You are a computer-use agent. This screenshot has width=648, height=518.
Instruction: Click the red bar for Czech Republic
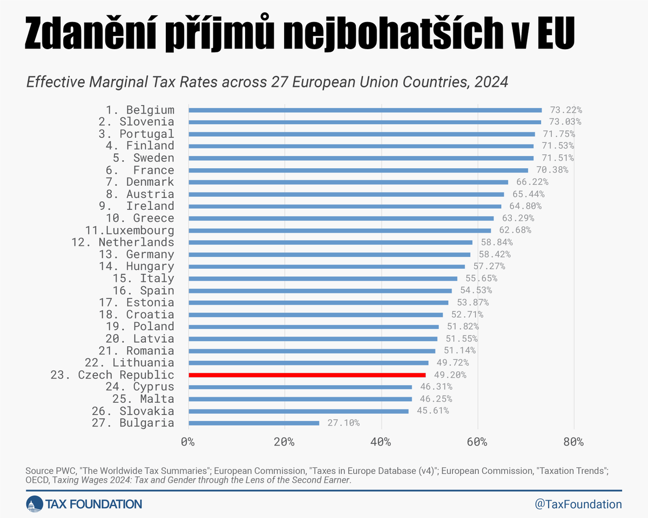click(x=307, y=375)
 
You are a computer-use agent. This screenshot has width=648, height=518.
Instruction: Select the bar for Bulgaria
click(x=254, y=423)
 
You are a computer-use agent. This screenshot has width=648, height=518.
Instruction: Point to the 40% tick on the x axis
click(x=381, y=442)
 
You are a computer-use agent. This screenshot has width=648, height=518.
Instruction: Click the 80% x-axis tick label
click(x=573, y=442)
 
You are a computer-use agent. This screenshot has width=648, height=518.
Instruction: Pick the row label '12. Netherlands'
click(x=123, y=242)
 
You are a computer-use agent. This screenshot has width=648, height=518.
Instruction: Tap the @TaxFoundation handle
click(x=578, y=504)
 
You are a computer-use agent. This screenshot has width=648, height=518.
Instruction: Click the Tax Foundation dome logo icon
click(x=35, y=504)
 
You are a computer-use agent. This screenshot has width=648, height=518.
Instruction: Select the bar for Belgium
click(x=364, y=110)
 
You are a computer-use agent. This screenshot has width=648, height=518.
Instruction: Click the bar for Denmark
click(x=348, y=182)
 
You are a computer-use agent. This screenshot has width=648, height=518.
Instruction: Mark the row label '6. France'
click(x=140, y=170)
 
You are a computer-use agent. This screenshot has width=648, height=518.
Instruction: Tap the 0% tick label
click(x=187, y=442)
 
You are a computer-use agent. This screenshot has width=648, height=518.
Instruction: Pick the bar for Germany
click(x=329, y=254)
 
